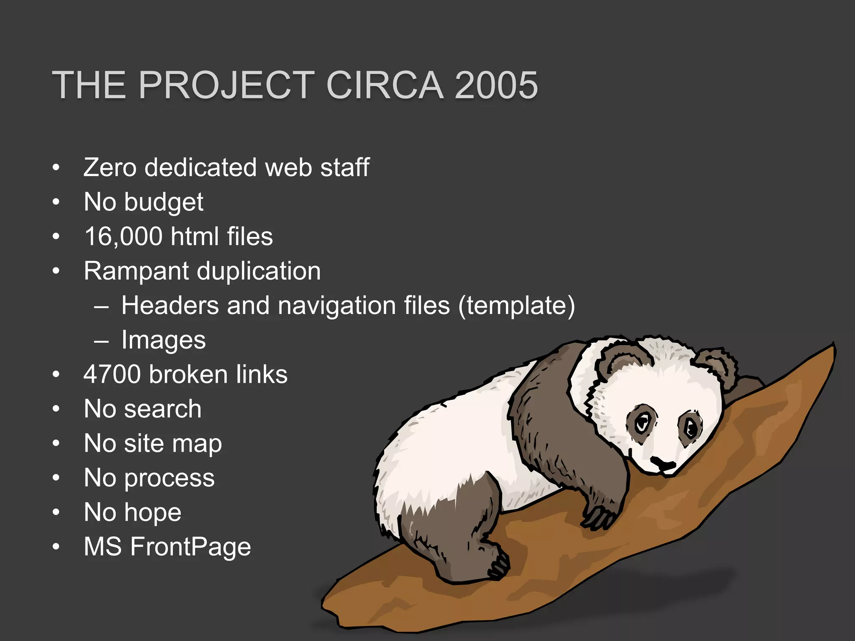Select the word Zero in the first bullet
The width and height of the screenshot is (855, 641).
coord(110,168)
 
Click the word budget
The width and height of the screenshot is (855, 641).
coord(164,203)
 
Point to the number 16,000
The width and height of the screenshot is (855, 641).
coord(123,237)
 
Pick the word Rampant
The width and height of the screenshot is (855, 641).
coord(136,271)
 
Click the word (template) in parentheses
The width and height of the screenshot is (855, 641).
coord(516,306)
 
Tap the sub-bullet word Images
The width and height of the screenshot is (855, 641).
coord(163,341)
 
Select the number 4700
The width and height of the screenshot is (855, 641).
coord(112,374)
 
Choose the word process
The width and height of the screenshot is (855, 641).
coord(169,478)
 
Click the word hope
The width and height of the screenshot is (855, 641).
coord(153,513)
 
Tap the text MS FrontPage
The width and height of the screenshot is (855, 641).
coord(167,547)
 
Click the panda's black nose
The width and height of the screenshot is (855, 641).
coord(663,464)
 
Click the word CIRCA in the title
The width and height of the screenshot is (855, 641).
coord(384,85)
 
